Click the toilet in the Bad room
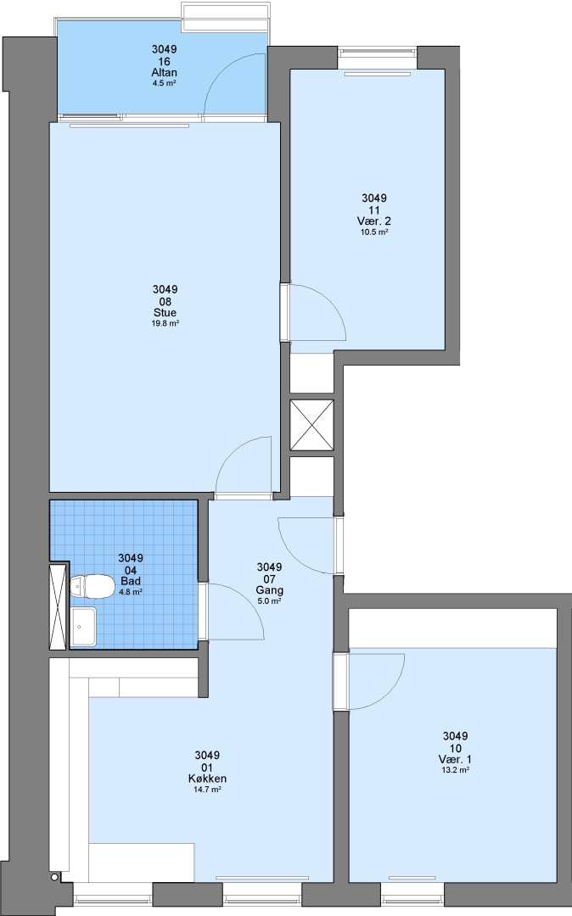(x=92, y=587)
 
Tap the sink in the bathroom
(x=83, y=626)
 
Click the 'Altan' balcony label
(x=164, y=72)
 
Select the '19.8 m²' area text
(x=165, y=323)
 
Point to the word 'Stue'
(x=165, y=312)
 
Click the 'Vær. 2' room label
(x=374, y=221)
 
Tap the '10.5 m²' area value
(x=374, y=232)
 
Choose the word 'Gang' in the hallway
(x=269, y=590)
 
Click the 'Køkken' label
(x=207, y=779)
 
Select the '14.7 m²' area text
(x=207, y=790)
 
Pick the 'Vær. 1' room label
(x=455, y=759)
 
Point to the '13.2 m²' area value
(x=456, y=770)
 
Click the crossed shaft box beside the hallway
(x=312, y=425)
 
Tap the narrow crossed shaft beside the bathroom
(x=59, y=606)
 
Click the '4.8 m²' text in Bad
(x=131, y=592)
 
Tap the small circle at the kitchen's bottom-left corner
(x=54, y=878)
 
